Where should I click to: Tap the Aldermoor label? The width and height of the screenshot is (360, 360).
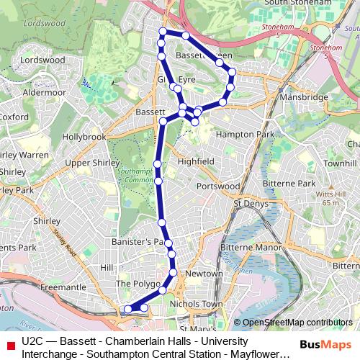(x=44, y=92)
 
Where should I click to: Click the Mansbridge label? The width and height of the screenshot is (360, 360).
(x=305, y=97)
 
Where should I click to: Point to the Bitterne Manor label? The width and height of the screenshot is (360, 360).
(x=250, y=248)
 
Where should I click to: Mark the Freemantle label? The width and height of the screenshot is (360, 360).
(x=63, y=287)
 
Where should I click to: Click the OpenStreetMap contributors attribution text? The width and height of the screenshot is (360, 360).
(x=297, y=323)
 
